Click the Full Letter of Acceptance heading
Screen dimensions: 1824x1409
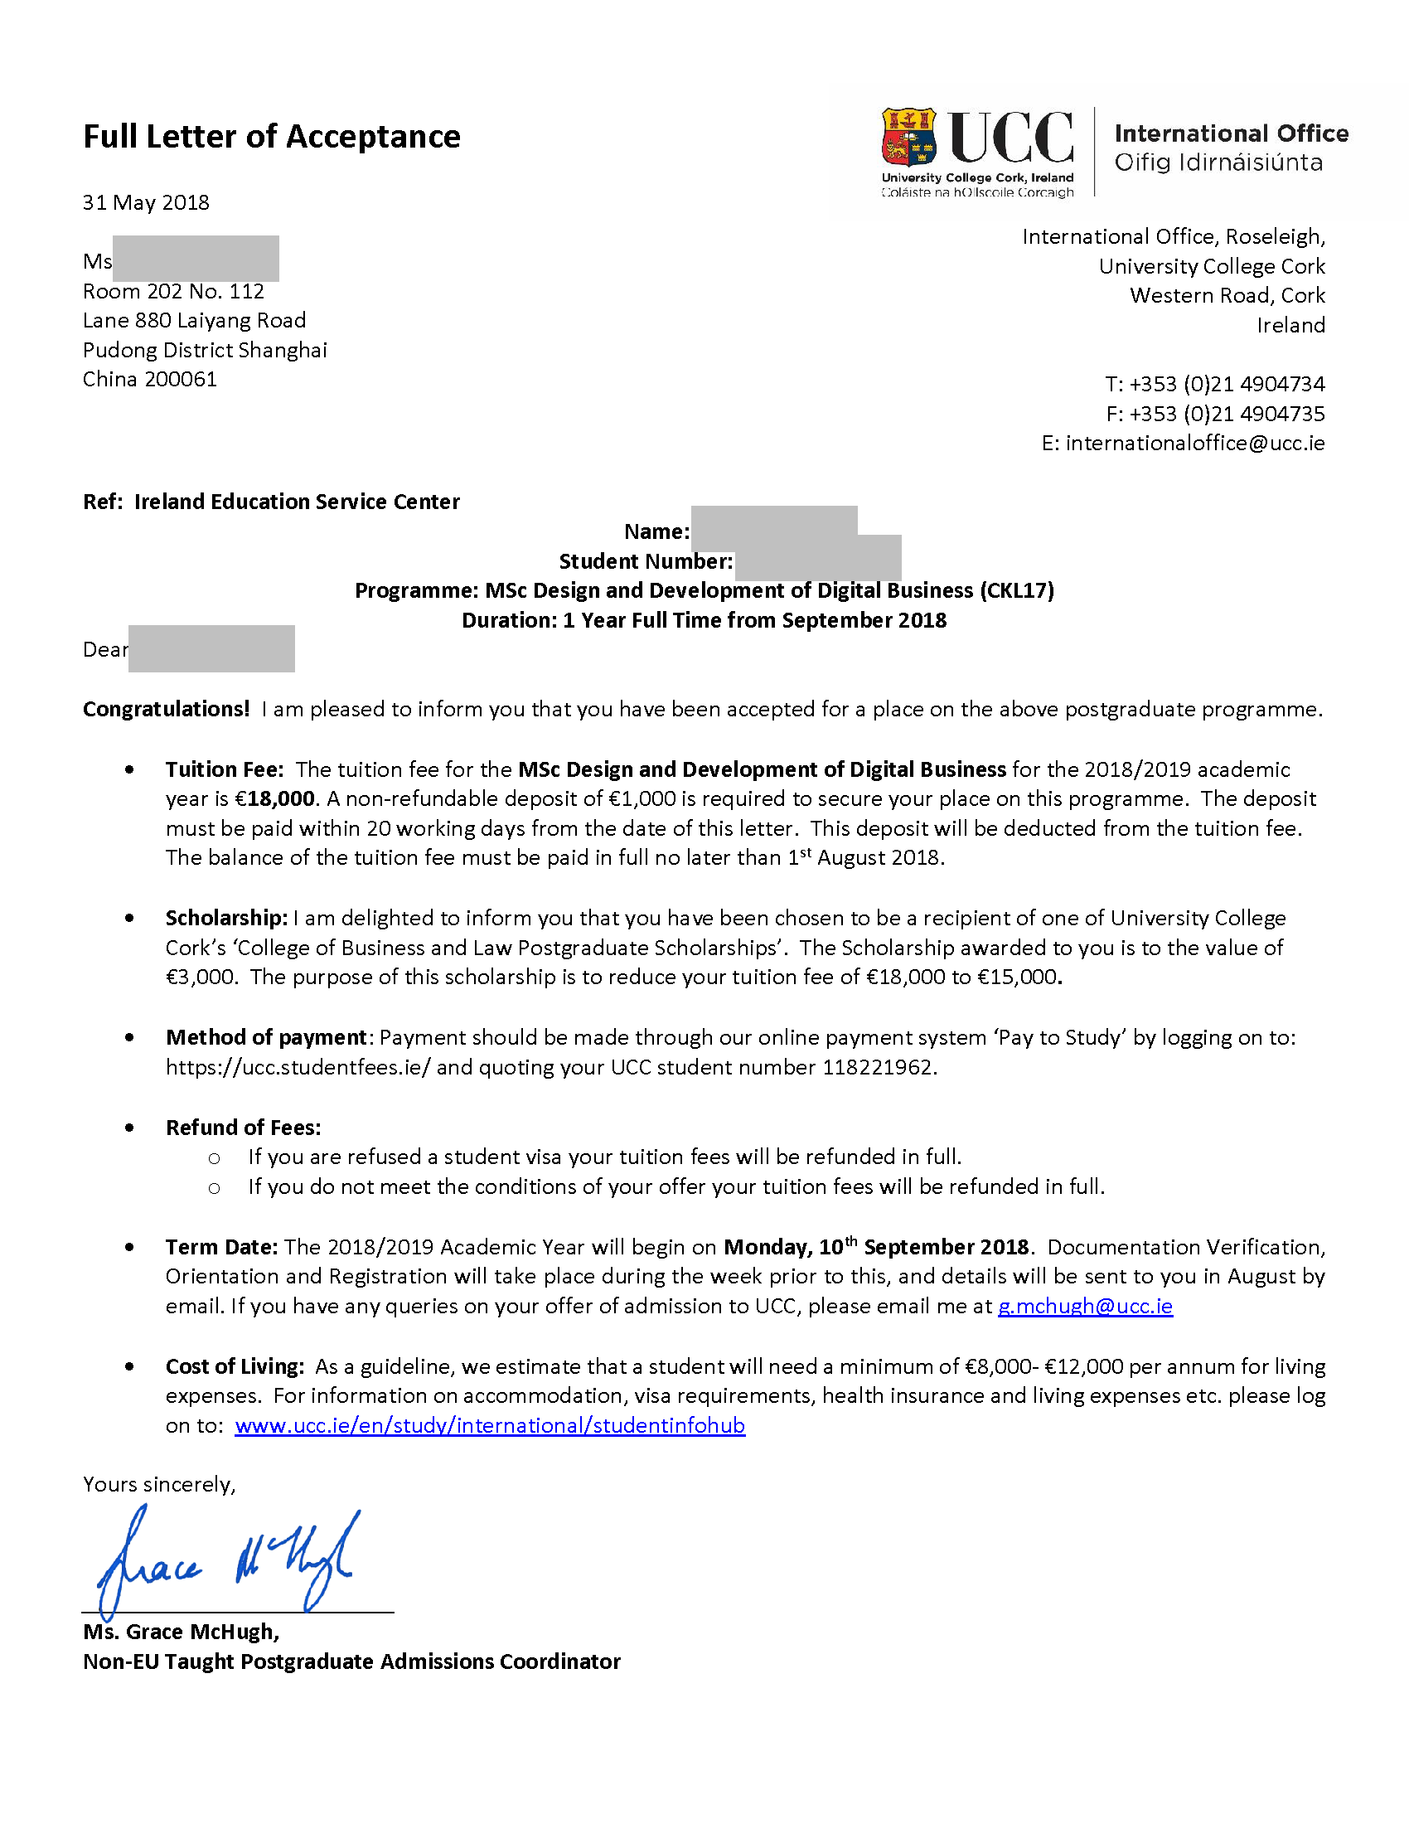point(271,137)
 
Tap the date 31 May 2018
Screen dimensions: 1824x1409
point(146,203)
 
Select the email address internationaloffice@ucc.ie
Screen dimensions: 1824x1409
point(1194,444)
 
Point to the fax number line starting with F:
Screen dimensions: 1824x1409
point(1214,415)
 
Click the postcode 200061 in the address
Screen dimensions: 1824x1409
point(182,380)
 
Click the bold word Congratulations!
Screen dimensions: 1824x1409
point(166,710)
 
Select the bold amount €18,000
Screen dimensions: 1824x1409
point(274,799)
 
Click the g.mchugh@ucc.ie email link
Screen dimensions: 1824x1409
point(1085,1306)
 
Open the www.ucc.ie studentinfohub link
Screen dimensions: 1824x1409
point(490,1426)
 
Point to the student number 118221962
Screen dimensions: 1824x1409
point(877,1068)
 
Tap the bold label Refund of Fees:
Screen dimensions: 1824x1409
point(243,1128)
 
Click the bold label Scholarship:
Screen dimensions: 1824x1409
point(226,919)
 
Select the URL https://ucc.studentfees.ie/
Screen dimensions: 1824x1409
point(298,1068)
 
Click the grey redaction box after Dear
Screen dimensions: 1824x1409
point(212,649)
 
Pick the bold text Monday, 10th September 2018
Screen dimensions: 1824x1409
point(876,1248)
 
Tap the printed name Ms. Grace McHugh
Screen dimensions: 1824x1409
point(182,1632)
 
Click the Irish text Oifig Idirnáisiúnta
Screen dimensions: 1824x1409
point(1218,163)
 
